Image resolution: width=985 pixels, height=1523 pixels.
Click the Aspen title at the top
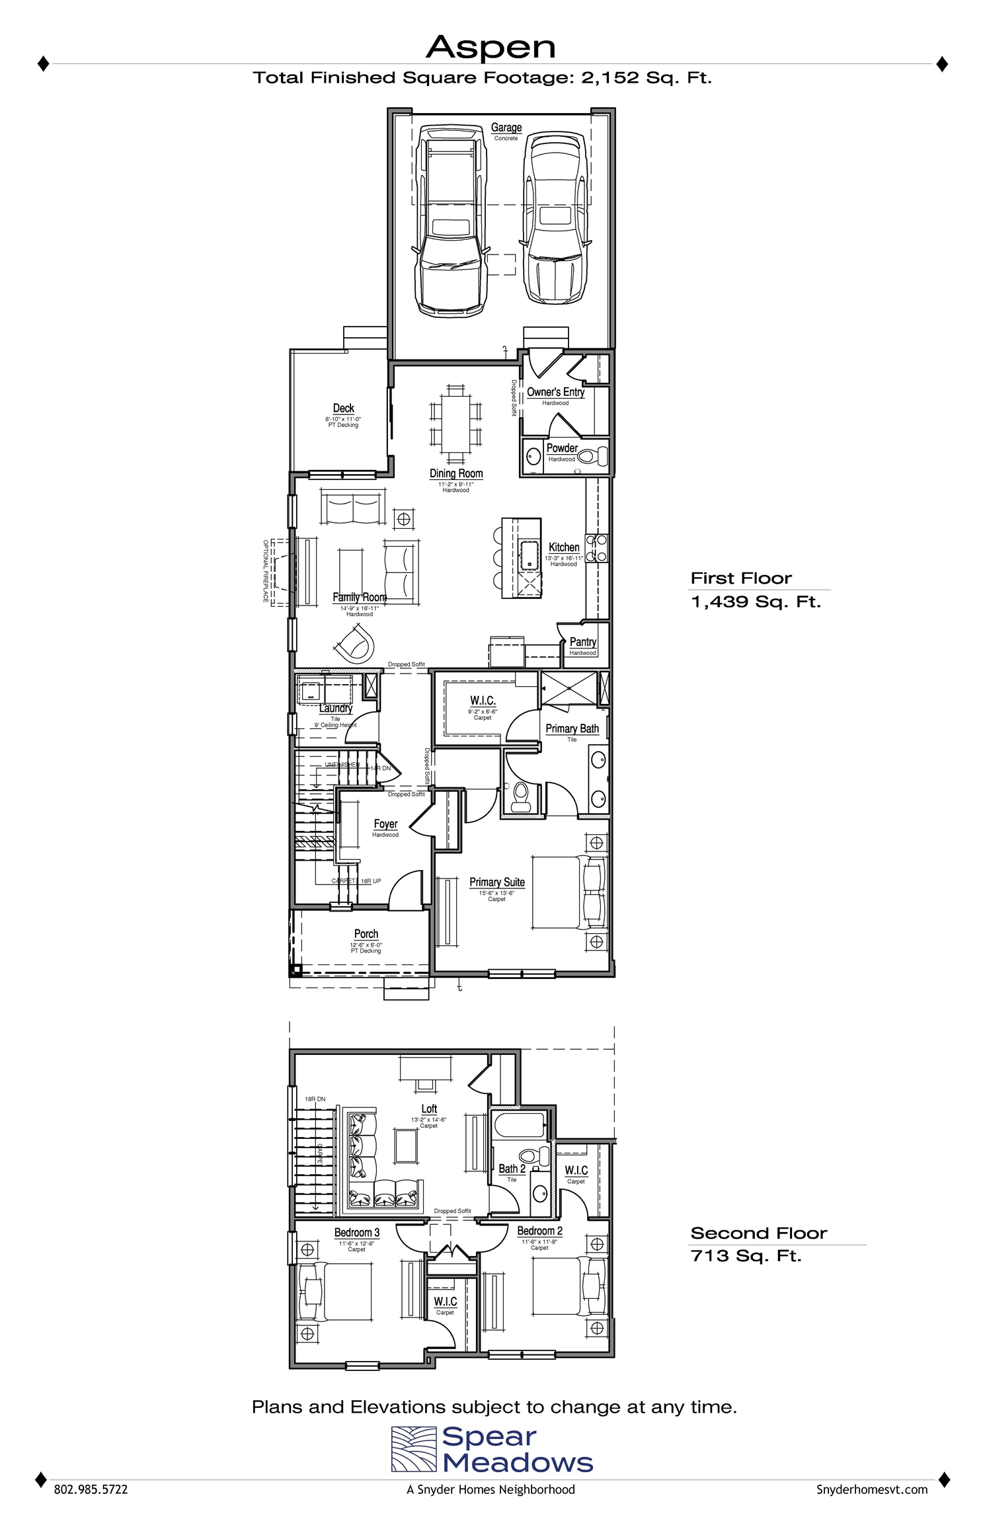pyautogui.click(x=491, y=48)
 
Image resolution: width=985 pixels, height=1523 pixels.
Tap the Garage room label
pyautogui.click(x=506, y=128)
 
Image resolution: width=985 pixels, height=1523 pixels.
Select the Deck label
pyautogui.click(x=343, y=409)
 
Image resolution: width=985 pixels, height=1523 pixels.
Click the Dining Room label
pyautogui.click(x=456, y=473)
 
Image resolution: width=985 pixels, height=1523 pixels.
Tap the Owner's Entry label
pyautogui.click(x=555, y=392)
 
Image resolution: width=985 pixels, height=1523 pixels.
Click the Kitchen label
pyautogui.click(x=564, y=547)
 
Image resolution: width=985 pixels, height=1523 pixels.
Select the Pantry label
pyautogui.click(x=582, y=642)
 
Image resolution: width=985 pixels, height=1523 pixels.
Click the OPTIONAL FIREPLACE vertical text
pyautogui.click(x=266, y=571)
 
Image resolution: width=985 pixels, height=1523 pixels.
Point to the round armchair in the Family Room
pyautogui.click(x=355, y=644)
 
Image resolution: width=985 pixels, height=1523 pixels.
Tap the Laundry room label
pyautogui.click(x=336, y=708)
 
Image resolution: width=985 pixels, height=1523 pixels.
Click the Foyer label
pyautogui.click(x=385, y=824)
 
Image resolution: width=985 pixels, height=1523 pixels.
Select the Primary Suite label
pyautogui.click(x=496, y=882)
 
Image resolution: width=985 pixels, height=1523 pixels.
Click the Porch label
pyautogui.click(x=366, y=934)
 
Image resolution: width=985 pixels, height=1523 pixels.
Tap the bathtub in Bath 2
pyautogui.click(x=518, y=1124)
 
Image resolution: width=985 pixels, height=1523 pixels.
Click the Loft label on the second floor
pyautogui.click(x=429, y=1109)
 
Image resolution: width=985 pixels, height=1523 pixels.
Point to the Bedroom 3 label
pyautogui.click(x=356, y=1233)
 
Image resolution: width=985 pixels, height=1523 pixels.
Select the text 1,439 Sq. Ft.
pyautogui.click(x=755, y=602)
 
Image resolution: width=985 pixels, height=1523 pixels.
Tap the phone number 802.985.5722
pyautogui.click(x=91, y=1490)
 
